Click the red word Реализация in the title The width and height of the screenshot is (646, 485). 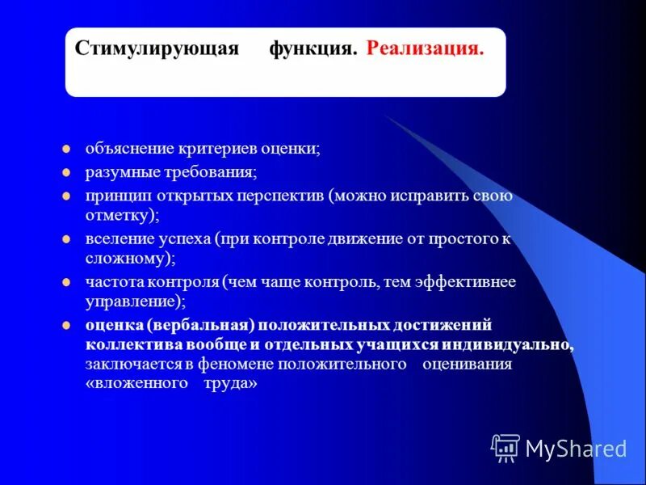[x=425, y=48]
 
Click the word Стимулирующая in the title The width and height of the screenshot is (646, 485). [x=157, y=48]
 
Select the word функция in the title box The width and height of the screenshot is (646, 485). [x=313, y=48]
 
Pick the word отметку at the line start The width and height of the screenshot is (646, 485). [x=119, y=216]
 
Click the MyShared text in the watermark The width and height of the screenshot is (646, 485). [x=576, y=448]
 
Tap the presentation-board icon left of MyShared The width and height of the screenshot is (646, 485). [x=505, y=446]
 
